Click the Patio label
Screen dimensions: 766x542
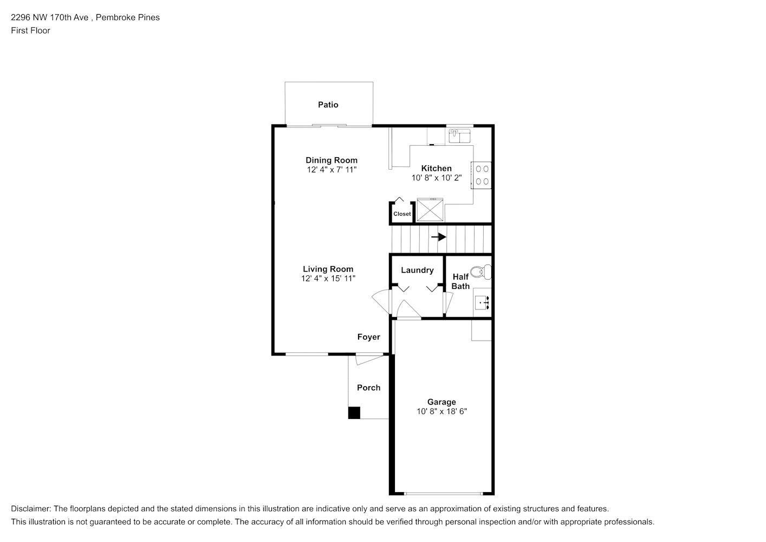pyautogui.click(x=328, y=105)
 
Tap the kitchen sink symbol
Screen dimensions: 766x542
pyautogui.click(x=459, y=136)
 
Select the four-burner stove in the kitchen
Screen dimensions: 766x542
pyautogui.click(x=482, y=175)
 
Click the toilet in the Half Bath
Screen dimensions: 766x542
pyautogui.click(x=481, y=272)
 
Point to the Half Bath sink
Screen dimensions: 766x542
pyautogui.click(x=482, y=302)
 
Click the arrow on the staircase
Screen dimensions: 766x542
pyautogui.click(x=438, y=237)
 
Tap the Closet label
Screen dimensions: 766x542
pyautogui.click(x=402, y=214)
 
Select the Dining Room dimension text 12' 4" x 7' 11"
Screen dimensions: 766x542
pyautogui.click(x=332, y=170)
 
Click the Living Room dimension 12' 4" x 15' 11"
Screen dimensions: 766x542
pyautogui.click(x=328, y=279)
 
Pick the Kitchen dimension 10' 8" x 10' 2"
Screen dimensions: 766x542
pyautogui.click(x=437, y=178)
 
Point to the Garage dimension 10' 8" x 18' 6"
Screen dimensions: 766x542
pyautogui.click(x=442, y=411)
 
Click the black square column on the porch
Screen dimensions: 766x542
pyautogui.click(x=354, y=412)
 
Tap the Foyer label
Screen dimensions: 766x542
pyautogui.click(x=368, y=337)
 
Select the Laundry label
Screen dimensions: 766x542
pyautogui.click(x=417, y=270)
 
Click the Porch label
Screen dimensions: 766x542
pyautogui.click(x=368, y=388)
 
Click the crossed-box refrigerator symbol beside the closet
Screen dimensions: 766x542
pyautogui.click(x=430, y=210)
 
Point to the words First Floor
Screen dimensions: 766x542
pyautogui.click(x=30, y=30)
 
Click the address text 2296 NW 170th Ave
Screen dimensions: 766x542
pyautogui.click(x=50, y=17)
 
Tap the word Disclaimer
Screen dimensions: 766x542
pyautogui.click(x=31, y=509)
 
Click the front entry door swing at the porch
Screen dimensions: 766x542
pyautogui.click(x=369, y=359)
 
